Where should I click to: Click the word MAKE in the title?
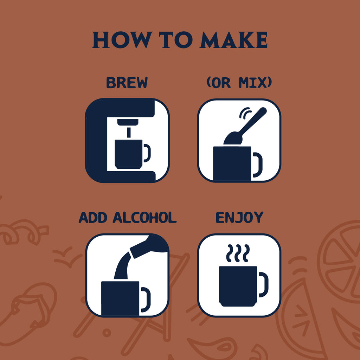click(233, 40)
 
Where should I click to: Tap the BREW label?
click(127, 83)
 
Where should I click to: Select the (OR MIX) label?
click(239, 83)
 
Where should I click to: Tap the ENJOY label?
click(239, 218)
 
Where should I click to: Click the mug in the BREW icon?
click(129, 154)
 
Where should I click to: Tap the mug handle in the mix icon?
click(258, 165)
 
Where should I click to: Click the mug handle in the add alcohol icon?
click(146, 299)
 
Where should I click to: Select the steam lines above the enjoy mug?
click(238, 253)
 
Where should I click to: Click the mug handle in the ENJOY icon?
click(264, 284)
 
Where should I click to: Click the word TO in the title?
click(174, 40)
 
